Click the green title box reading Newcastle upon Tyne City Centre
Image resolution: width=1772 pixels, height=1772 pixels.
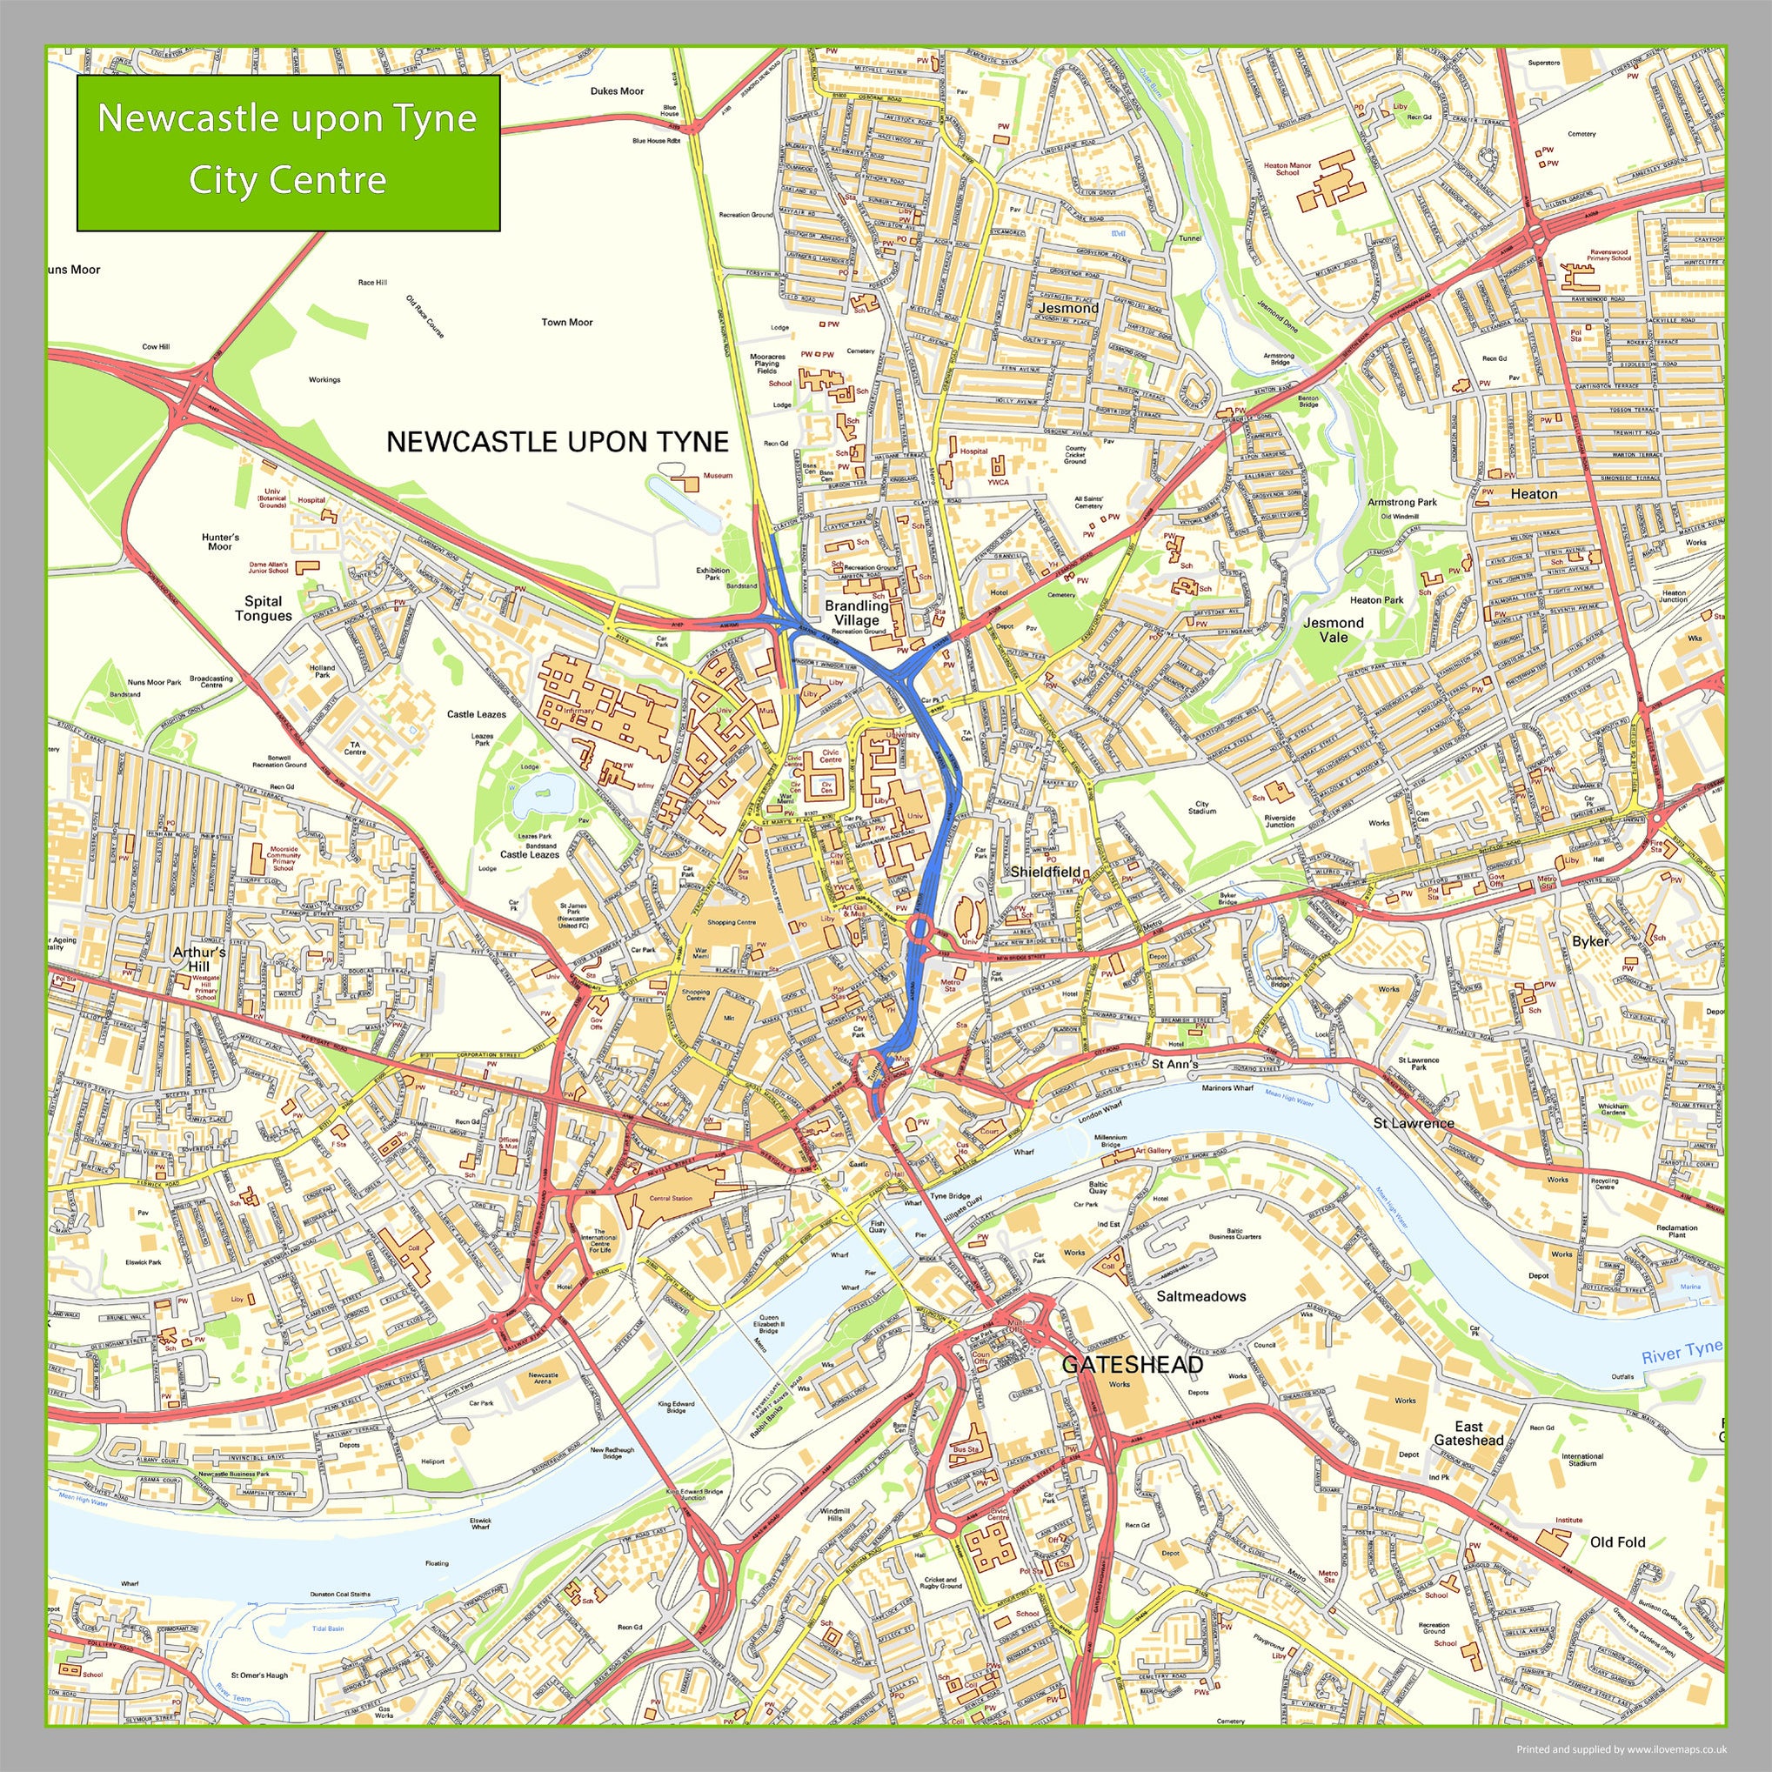coord(288,152)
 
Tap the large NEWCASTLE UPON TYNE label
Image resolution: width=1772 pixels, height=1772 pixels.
coord(557,442)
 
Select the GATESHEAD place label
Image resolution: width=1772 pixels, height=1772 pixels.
coord(1132,1365)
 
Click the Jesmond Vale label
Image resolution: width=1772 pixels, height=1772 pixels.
coord(1334,629)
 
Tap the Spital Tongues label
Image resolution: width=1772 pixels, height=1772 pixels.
coord(264,609)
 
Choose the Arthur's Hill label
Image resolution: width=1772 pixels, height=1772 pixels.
coord(199,960)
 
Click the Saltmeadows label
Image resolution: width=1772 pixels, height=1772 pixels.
coord(1200,1296)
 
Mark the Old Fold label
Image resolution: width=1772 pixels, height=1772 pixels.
coord(1618,1541)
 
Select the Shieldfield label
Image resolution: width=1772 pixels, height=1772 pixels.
coord(1044,872)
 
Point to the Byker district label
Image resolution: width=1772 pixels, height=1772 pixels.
coord(1590,941)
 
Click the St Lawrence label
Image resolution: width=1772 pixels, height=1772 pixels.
coord(1414,1123)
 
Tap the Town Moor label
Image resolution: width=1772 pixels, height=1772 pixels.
coord(567,322)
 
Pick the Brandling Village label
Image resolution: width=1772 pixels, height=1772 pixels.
coord(856,612)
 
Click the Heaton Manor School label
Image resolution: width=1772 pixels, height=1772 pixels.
coord(1287,169)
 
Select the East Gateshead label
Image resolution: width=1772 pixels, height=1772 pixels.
coord(1468,1434)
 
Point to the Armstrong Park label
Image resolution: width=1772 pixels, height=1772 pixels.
coord(1401,503)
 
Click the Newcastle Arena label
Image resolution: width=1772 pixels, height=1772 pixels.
coord(543,1378)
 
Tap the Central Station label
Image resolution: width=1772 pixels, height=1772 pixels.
coord(671,1198)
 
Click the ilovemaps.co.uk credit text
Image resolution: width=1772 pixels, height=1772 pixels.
coord(1621,1749)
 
